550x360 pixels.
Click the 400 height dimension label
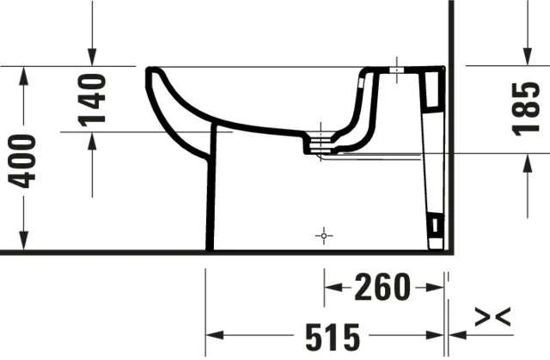click(24, 160)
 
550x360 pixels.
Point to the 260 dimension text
click(383, 288)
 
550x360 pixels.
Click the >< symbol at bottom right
click(493, 316)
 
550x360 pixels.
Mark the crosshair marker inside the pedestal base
click(322, 234)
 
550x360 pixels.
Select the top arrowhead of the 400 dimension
click(24, 74)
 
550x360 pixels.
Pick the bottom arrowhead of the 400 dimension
click(24, 244)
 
